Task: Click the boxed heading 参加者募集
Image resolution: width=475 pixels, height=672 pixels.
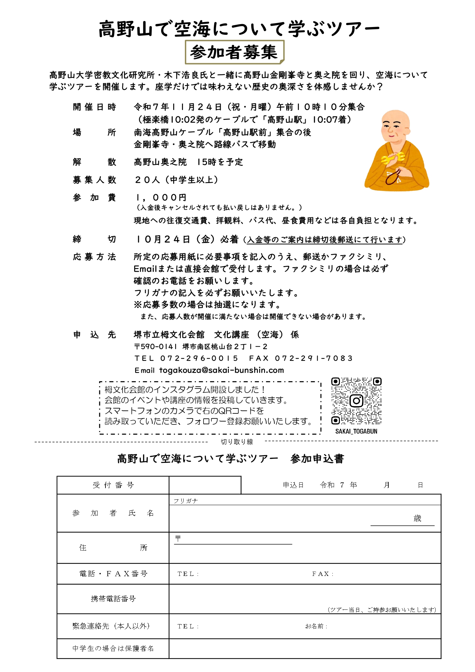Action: pyautogui.click(x=234, y=52)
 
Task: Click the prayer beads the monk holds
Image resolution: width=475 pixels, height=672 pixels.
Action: pyautogui.click(x=393, y=176)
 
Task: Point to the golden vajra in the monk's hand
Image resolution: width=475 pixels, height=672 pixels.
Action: pyautogui.click(x=394, y=158)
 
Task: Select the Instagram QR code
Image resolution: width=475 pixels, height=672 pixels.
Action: pyautogui.click(x=356, y=401)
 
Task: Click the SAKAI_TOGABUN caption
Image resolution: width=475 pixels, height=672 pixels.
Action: pyautogui.click(x=356, y=431)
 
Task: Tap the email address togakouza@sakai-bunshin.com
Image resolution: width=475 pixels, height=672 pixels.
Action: pyautogui.click(x=221, y=370)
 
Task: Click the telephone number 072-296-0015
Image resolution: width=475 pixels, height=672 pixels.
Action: pyautogui.click(x=199, y=358)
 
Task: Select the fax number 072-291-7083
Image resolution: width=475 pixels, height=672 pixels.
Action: pyautogui.click(x=314, y=358)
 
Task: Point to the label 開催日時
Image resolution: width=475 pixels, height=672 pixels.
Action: pyautogui.click(x=94, y=107)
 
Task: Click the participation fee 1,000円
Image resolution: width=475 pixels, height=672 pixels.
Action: pyautogui.click(x=161, y=197)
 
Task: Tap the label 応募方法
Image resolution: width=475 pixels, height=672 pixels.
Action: pyautogui.click(x=94, y=257)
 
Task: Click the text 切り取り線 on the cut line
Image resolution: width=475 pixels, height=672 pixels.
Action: pyautogui.click(x=237, y=442)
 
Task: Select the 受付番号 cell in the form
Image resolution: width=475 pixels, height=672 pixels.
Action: pyautogui.click(x=113, y=485)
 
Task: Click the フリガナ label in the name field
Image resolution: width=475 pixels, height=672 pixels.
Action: pyautogui.click(x=186, y=501)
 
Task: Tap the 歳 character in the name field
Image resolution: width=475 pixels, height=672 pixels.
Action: pyautogui.click(x=417, y=518)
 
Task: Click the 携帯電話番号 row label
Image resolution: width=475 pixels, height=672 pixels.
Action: pyautogui.click(x=113, y=599)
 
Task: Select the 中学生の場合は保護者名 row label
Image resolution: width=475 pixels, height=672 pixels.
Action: pyautogui.click(x=113, y=648)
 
